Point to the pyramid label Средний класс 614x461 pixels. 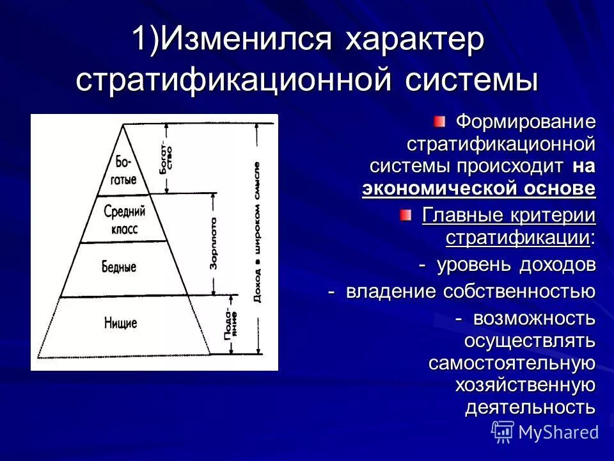tap(125, 220)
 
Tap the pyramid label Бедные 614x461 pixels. tap(119, 266)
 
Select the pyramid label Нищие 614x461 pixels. tap(121, 322)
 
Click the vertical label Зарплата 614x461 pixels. tap(214, 243)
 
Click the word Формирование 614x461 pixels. tap(525, 121)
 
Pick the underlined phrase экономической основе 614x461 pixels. tap(478, 189)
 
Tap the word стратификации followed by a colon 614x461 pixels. tap(517, 238)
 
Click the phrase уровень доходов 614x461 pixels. tap(516, 264)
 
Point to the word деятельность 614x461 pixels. tap(530, 407)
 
